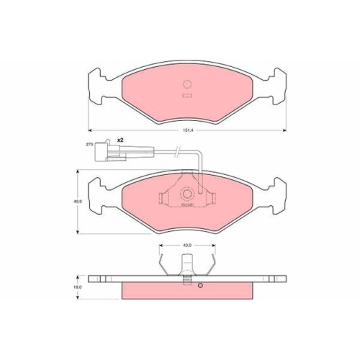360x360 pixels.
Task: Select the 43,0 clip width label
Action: tap(186, 246)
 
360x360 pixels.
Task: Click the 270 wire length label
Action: tap(90, 145)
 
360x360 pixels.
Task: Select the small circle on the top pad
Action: tap(186, 83)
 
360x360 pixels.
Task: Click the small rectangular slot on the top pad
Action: tap(186, 94)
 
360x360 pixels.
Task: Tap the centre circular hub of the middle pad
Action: tap(186, 193)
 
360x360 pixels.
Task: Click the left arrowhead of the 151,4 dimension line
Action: tap(90, 130)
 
